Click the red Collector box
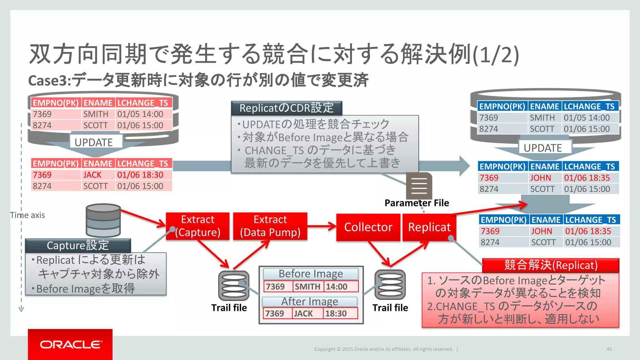point(368,227)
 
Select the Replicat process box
point(429,227)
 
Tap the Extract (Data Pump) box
point(270,226)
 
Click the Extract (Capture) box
point(197,226)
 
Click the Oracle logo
point(70,344)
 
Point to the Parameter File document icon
point(419,186)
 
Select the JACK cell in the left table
point(92,175)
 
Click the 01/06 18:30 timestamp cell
point(140,175)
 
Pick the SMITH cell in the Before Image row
point(307,287)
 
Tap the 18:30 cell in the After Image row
point(336,313)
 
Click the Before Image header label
point(311,274)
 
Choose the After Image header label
point(310,302)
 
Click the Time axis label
point(27,215)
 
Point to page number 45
point(609,349)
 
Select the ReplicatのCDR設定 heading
point(287,108)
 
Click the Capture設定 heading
point(78,245)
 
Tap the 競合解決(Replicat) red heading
point(551,265)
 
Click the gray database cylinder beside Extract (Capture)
point(103,220)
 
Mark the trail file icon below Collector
point(390,285)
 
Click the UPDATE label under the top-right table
point(542,148)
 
